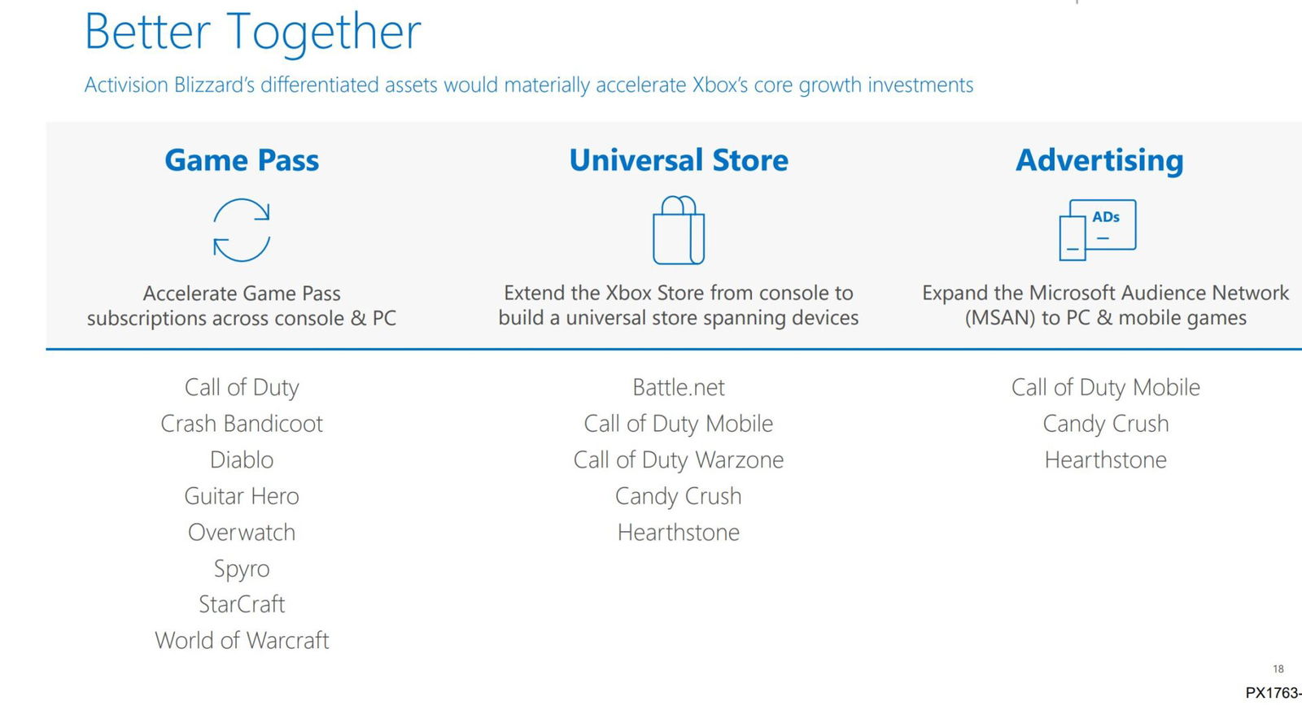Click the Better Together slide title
253,32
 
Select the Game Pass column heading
242,160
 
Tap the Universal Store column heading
679,160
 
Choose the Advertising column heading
1099,160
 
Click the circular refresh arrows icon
242,230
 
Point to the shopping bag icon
679,230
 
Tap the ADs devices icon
1097,229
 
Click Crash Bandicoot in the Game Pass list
242,424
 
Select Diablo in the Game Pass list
242,460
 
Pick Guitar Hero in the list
242,496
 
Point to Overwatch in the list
242,533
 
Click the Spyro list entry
242,568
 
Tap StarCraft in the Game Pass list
242,604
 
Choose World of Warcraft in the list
242,641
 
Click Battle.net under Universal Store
679,388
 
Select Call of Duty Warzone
679,460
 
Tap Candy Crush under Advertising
1105,424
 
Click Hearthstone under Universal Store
679,533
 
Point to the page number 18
1278,669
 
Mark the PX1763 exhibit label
1273,693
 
